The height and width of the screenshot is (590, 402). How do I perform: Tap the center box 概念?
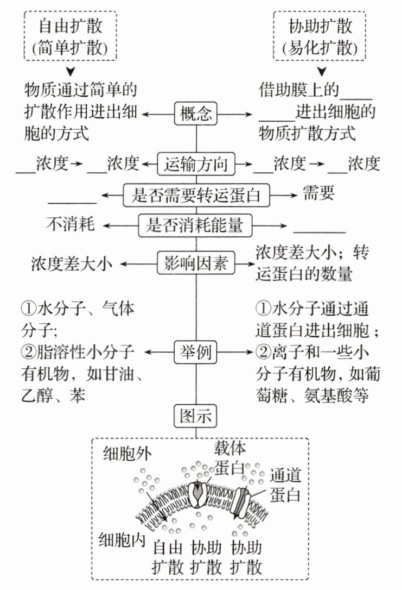coord(196,114)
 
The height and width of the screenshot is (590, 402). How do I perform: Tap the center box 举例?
coord(196,353)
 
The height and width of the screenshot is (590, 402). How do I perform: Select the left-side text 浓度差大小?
coord(71,264)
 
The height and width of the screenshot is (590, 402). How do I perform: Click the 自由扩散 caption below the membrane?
coord(168,556)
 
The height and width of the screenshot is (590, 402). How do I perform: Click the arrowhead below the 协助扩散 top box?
coord(322,72)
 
